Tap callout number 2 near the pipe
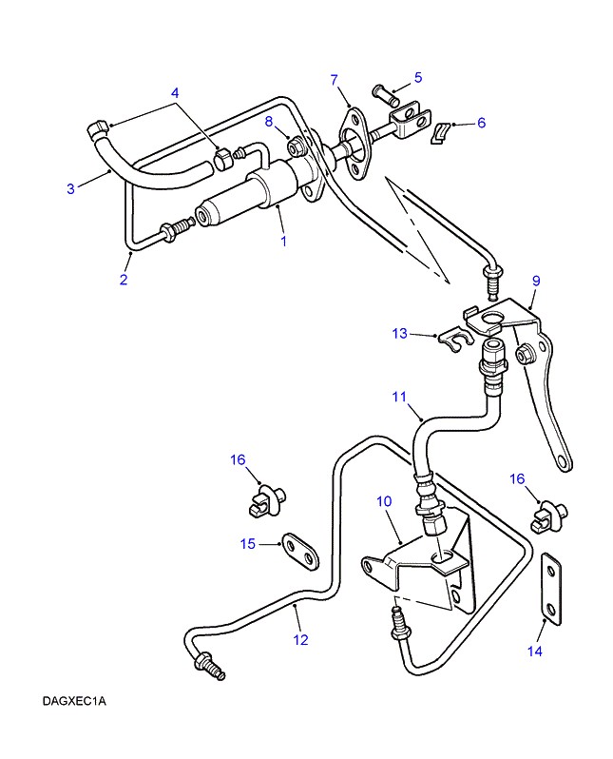coord(123,279)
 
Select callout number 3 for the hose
coord(70,188)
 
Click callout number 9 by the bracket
coord(536,281)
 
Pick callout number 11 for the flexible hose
coord(398,395)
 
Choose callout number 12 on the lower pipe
coord(300,639)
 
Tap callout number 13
coord(400,333)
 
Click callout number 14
coord(535,651)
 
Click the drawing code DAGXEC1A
coord(74,703)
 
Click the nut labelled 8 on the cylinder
coord(296,147)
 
